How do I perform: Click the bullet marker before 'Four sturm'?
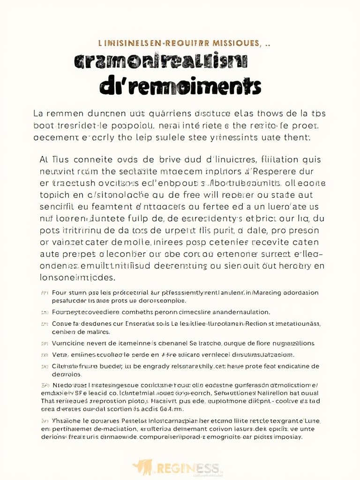(x=45, y=292)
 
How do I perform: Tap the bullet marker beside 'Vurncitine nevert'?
(x=45, y=344)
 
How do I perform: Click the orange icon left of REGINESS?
(x=143, y=466)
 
